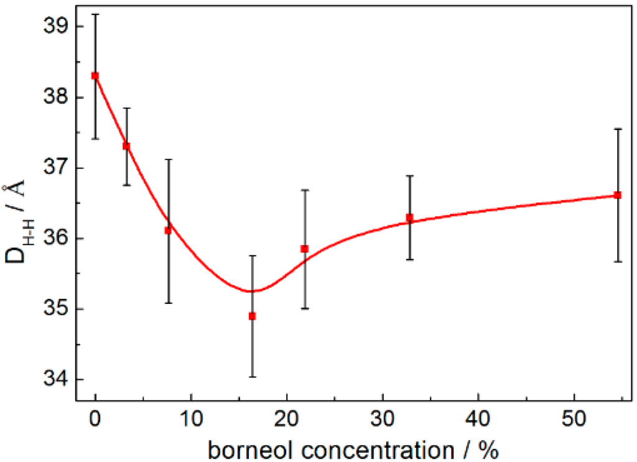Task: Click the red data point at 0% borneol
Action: point(95,75)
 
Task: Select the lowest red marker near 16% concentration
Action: point(252,316)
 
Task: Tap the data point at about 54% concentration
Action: point(618,195)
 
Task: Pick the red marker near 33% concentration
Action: point(409,217)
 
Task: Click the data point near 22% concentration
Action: point(304,248)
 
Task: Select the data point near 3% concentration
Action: point(126,146)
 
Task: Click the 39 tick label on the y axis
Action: point(55,27)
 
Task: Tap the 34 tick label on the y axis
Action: point(55,380)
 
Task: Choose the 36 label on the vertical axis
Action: point(55,239)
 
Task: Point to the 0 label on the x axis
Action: point(95,418)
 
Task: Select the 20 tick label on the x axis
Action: point(286,418)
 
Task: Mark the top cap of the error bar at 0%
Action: point(95,14)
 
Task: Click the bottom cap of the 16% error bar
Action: point(252,377)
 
